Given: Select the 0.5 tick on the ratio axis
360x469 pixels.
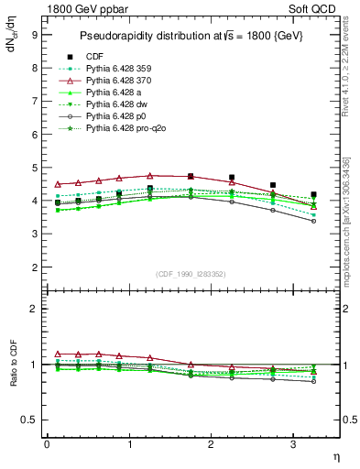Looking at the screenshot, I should (29, 420).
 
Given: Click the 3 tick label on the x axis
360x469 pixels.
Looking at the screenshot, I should (293, 443).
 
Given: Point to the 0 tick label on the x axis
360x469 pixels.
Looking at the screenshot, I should (47, 443).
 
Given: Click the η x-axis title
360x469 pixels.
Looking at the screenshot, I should (334, 455).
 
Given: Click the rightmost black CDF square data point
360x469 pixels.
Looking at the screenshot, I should (313, 194).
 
